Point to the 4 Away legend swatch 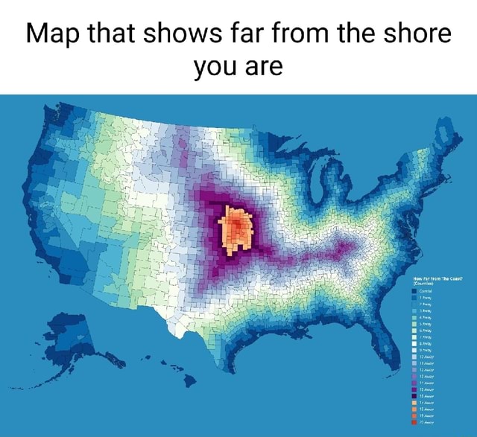click(414, 317)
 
